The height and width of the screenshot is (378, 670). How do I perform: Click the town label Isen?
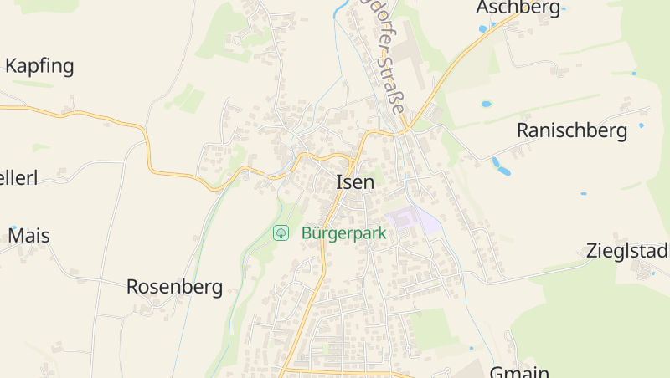[x=354, y=181]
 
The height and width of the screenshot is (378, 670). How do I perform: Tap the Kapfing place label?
[x=39, y=66]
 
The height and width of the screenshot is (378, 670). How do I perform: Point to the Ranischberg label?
[x=572, y=130]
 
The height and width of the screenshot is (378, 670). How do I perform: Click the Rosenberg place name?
[x=174, y=287]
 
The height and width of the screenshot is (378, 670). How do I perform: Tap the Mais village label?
[x=28, y=236]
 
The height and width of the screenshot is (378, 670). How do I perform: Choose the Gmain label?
[x=519, y=372]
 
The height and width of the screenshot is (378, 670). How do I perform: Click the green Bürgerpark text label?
[x=343, y=233]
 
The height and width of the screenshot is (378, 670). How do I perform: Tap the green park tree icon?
[x=281, y=232]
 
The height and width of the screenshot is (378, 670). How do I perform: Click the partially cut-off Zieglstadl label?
[x=627, y=251]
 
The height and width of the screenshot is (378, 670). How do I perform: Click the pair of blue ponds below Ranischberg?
[x=500, y=166]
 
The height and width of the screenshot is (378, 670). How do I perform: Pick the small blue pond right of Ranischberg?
[x=642, y=125]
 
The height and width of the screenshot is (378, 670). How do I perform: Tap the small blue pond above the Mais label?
[x=13, y=227]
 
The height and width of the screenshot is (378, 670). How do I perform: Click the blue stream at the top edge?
[x=340, y=10]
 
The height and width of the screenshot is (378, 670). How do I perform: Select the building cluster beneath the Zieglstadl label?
[x=644, y=269]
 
